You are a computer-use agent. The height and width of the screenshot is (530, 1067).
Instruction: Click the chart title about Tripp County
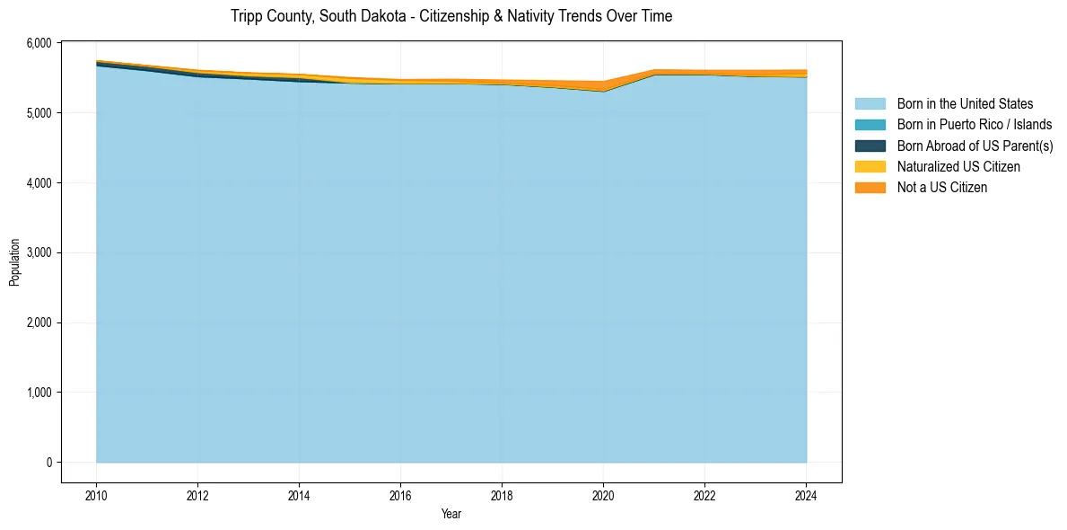[x=450, y=16]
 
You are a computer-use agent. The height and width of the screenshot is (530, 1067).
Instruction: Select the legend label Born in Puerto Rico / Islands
[x=975, y=125]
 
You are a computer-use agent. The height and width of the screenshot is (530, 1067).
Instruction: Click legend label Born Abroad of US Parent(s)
[x=975, y=146]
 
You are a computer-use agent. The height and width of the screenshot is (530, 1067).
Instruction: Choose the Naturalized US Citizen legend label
[x=958, y=167]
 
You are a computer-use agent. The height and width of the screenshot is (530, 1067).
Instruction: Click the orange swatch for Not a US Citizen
[x=870, y=188]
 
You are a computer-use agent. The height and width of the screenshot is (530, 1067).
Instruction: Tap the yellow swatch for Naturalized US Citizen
[x=870, y=167]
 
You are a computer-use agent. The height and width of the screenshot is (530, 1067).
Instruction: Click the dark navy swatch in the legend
[x=870, y=146]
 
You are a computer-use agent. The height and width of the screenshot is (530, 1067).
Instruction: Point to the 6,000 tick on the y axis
[x=41, y=43]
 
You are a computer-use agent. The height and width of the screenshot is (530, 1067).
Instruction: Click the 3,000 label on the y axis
[x=41, y=252]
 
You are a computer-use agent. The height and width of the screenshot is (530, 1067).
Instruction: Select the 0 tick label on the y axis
[x=49, y=463]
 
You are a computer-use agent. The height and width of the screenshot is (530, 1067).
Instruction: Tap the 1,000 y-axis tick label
[x=41, y=393]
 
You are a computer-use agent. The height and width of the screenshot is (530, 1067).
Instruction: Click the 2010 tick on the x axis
[x=96, y=495]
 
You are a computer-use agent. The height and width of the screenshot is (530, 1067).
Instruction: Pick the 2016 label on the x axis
[x=400, y=495]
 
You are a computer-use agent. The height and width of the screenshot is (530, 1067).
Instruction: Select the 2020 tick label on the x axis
[x=603, y=495]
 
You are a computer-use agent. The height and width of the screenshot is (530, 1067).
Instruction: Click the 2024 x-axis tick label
[x=806, y=495]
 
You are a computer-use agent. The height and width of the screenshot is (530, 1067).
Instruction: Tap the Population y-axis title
[x=14, y=262]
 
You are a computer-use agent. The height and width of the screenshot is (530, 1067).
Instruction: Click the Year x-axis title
[x=451, y=514]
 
